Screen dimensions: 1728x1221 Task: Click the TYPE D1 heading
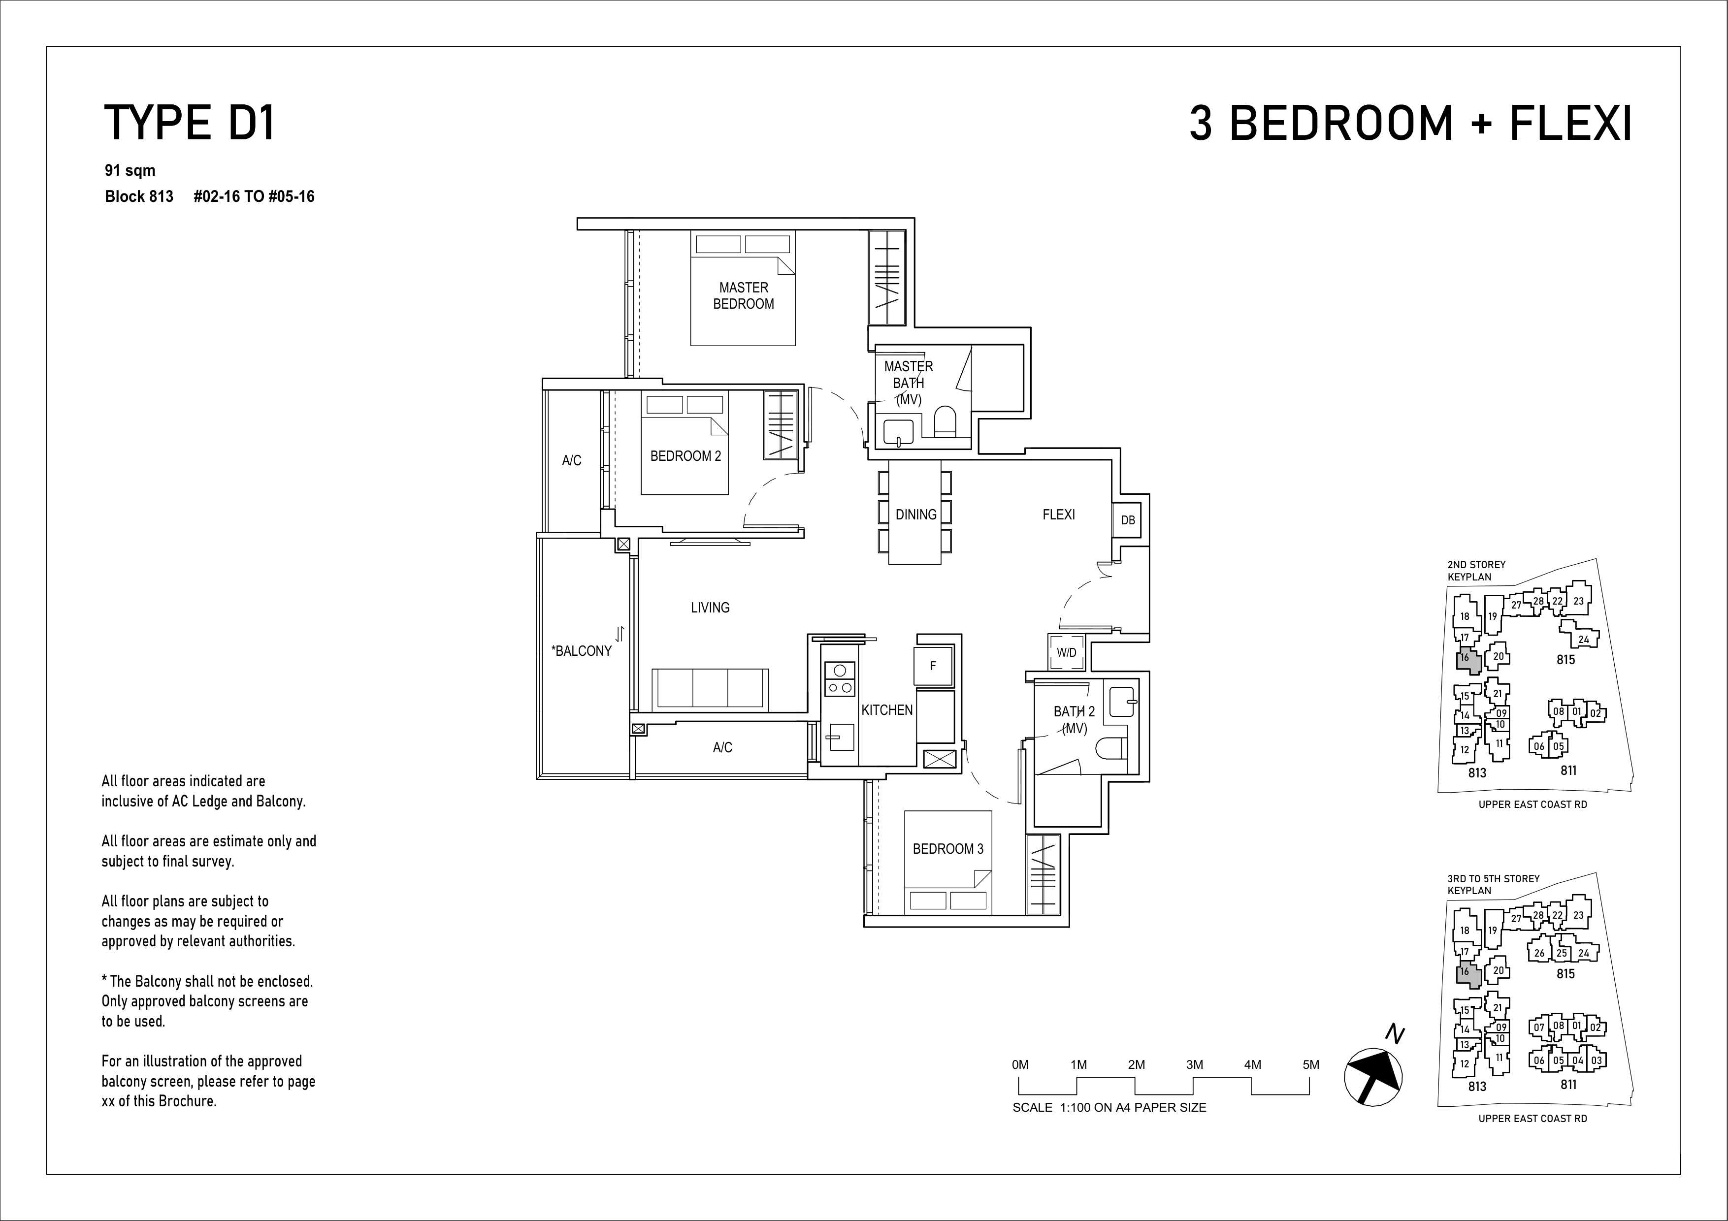tap(190, 124)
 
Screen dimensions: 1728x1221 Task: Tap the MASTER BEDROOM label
tap(744, 296)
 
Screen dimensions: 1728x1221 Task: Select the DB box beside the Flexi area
tap(1127, 520)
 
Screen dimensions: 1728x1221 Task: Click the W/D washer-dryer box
tap(1067, 652)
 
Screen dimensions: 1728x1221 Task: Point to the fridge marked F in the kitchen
tap(933, 666)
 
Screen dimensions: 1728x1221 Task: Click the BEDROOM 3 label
tap(947, 849)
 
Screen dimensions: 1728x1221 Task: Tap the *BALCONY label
tap(582, 651)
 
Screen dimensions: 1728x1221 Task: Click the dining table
tap(915, 512)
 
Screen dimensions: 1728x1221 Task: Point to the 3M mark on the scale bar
tap(1194, 1064)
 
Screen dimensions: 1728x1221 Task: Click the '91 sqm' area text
tap(130, 171)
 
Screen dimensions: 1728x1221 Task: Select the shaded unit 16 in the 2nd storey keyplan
tap(1468, 660)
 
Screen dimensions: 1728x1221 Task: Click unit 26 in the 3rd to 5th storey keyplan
tap(1539, 952)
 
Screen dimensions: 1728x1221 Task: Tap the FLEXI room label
tap(1058, 514)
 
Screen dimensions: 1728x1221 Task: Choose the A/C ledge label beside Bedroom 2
tap(571, 460)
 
